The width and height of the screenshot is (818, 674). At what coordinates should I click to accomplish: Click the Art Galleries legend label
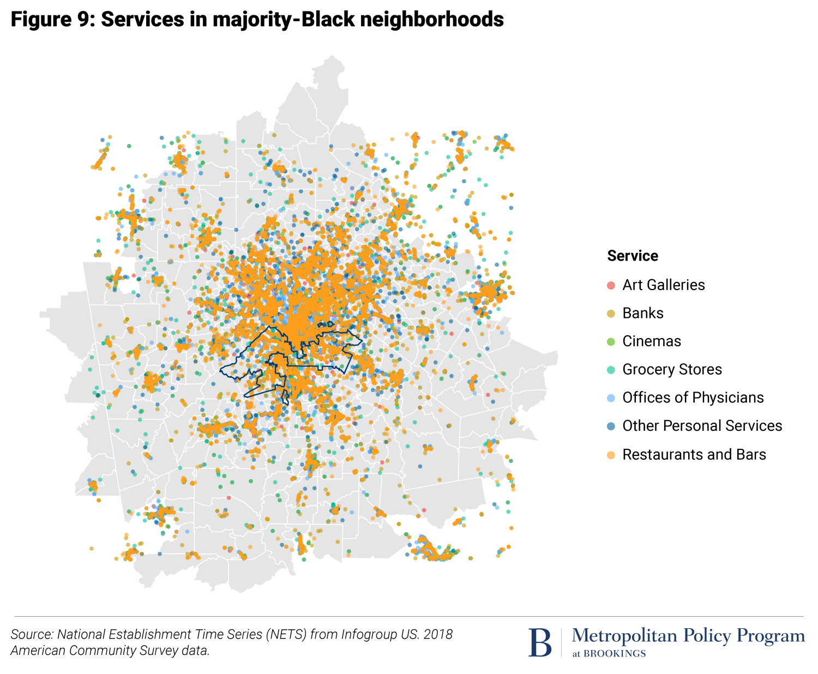[663, 285]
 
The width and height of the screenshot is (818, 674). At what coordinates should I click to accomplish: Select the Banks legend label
[642, 313]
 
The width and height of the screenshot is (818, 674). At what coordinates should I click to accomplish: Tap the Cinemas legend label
[652, 341]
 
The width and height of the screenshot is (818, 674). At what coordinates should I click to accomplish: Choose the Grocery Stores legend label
[672, 369]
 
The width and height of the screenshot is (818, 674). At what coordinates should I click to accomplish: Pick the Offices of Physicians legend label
[693, 398]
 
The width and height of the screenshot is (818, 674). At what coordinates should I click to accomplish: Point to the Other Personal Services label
[702, 426]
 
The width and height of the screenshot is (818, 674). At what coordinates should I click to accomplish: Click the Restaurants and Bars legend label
[694, 454]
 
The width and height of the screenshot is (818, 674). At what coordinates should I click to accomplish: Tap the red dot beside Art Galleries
[611, 285]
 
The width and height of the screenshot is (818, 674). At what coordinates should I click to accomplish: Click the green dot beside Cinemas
[611, 342]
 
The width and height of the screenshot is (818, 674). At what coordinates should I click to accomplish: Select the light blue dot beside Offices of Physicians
[611, 398]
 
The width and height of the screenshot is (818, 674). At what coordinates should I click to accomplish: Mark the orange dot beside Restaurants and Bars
[611, 455]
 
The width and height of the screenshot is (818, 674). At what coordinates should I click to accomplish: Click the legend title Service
[633, 256]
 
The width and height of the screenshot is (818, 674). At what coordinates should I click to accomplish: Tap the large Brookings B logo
[540, 642]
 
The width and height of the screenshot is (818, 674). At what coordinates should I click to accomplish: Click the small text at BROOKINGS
[609, 654]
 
